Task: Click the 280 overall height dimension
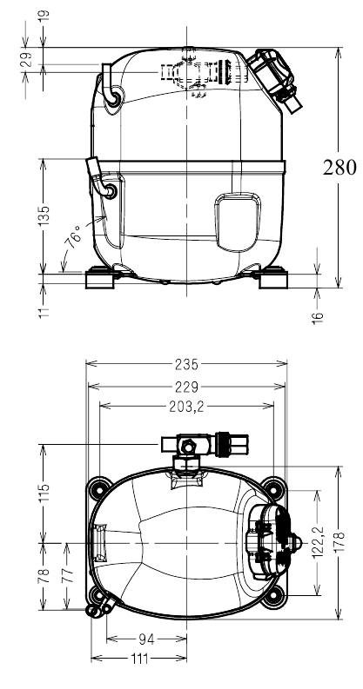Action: [339, 168]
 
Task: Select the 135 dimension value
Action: [44, 216]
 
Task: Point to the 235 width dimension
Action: [186, 364]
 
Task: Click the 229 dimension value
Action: [186, 388]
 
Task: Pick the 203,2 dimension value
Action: [186, 407]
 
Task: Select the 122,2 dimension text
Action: [318, 543]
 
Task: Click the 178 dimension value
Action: [339, 543]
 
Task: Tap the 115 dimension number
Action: [44, 494]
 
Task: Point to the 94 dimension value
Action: [146, 639]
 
